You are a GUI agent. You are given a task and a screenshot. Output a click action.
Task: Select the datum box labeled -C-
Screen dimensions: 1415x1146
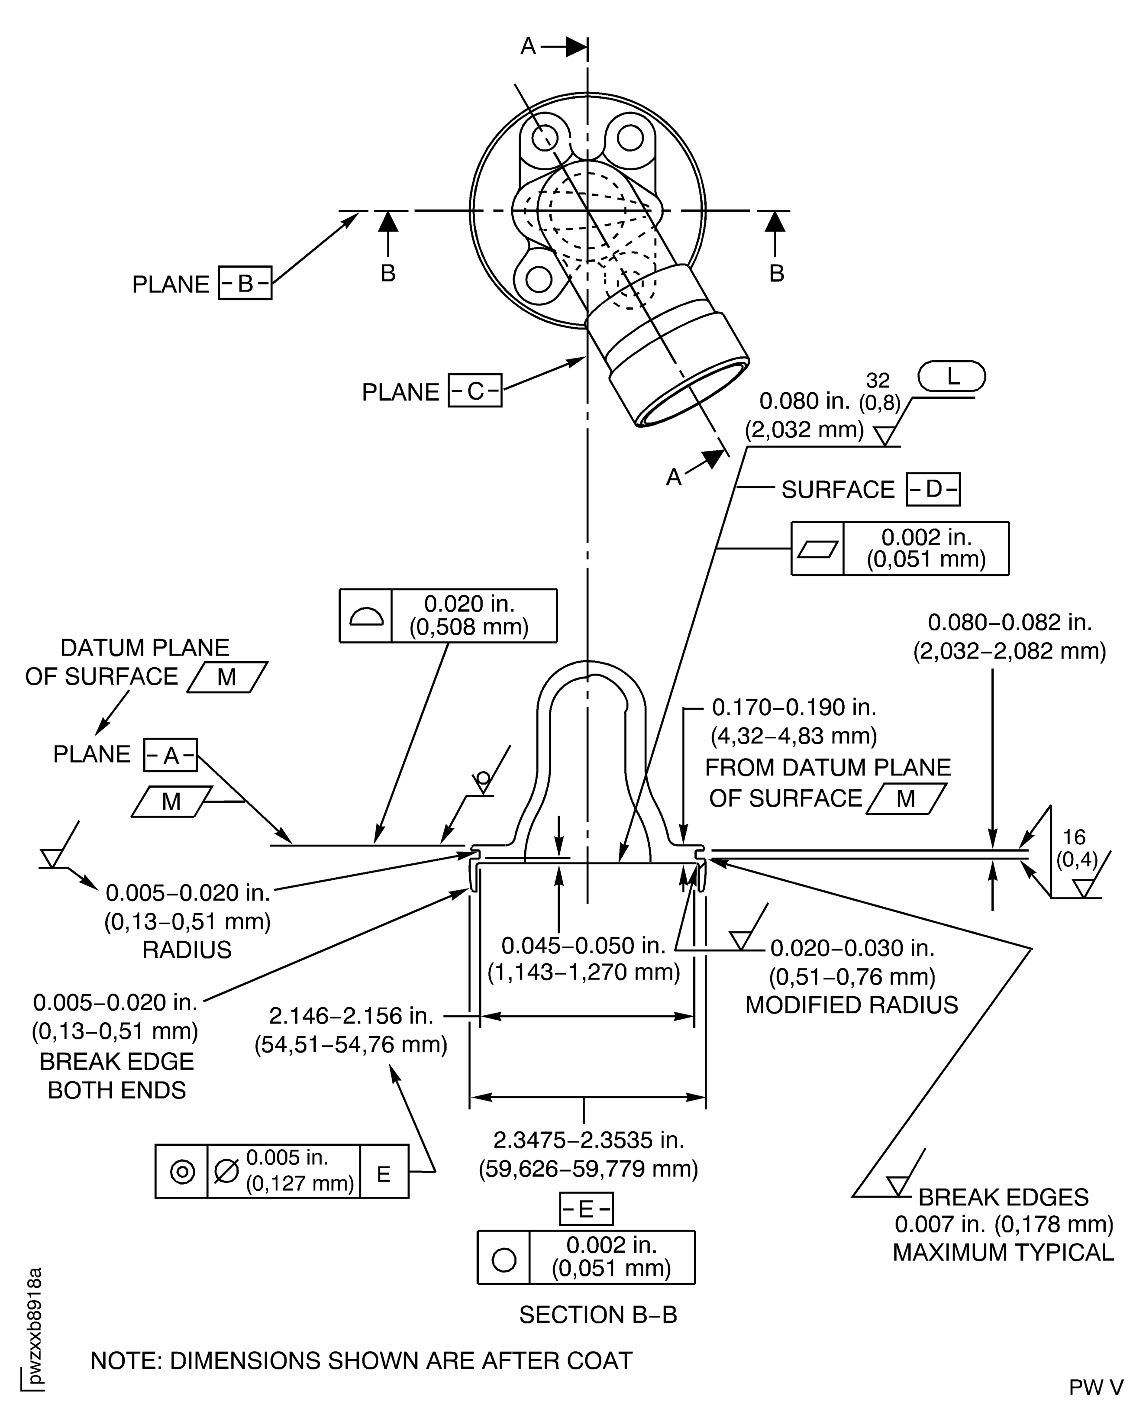(475, 391)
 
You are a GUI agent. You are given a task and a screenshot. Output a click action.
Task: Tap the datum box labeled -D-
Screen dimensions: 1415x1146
(933, 489)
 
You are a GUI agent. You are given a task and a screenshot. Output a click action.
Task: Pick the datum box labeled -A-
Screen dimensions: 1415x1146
(170, 755)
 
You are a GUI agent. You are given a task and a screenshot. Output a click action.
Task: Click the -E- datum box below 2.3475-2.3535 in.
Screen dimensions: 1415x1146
(585, 1209)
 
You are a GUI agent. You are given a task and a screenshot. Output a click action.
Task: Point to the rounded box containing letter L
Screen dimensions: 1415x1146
(952, 377)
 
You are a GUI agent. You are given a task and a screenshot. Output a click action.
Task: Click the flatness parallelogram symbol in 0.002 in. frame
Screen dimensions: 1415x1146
(817, 549)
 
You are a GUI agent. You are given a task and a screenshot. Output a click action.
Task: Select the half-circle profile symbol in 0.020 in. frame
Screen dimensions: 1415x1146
(366, 616)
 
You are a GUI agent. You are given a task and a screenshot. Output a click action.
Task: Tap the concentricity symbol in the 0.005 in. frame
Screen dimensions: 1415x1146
(182, 1172)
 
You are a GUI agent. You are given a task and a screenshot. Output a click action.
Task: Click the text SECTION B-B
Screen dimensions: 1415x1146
(597, 1315)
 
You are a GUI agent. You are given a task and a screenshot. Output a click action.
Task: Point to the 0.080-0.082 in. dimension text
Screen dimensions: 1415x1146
(1010, 622)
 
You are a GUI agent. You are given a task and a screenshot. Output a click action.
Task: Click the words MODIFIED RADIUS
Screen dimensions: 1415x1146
(852, 1005)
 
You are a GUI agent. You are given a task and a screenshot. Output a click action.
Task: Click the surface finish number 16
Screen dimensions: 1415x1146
(1074, 837)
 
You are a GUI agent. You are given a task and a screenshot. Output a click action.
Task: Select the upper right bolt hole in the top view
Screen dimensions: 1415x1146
(630, 138)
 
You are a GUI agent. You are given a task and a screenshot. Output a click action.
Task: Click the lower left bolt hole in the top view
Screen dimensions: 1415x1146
(539, 279)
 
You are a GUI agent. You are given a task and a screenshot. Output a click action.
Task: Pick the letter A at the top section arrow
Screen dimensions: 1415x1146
(528, 46)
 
